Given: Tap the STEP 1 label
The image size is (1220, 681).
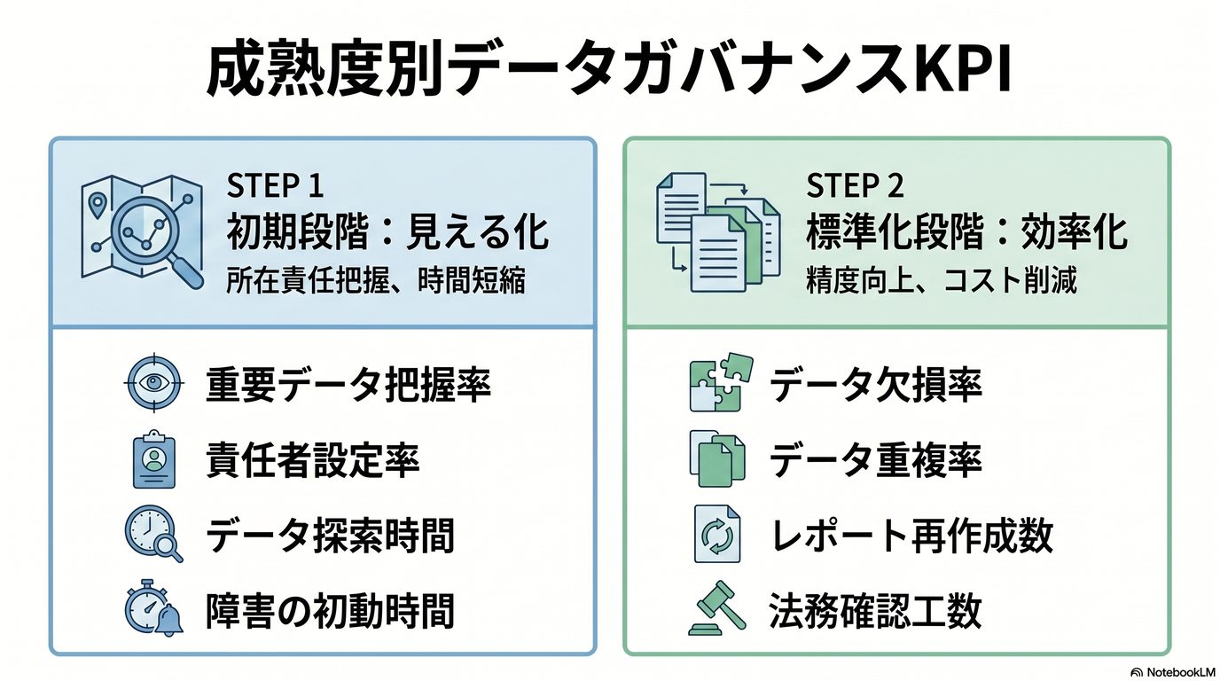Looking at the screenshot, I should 275,185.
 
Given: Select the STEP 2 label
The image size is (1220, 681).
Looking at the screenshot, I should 856,185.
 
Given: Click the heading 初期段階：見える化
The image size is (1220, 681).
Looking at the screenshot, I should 388,233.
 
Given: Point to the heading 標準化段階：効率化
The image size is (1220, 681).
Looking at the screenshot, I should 966,233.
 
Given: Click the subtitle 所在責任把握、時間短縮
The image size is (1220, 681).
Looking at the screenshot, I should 377,281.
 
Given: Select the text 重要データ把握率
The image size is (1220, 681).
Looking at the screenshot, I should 348,385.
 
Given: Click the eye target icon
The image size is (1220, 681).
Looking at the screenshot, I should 153,385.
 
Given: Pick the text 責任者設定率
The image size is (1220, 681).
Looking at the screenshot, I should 312,461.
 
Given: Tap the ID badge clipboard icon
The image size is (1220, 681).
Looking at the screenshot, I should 153,461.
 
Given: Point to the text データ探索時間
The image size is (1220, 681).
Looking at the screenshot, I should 330,536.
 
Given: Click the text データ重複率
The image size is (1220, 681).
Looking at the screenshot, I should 875,461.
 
